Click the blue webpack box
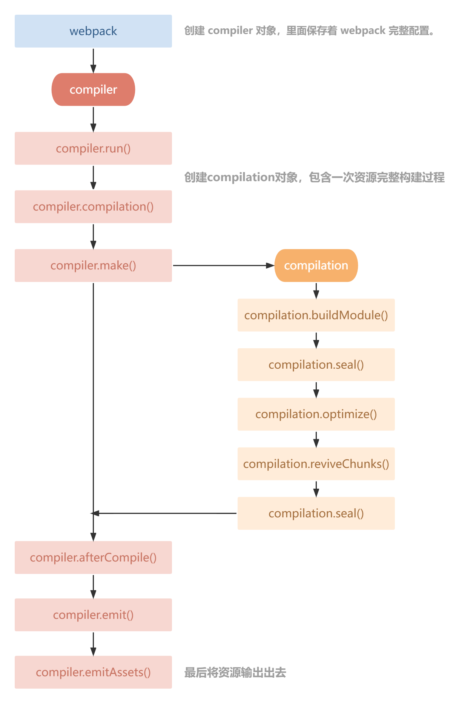[93, 31]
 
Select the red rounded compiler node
[93, 90]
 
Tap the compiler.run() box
[93, 148]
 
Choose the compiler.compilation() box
[93, 207]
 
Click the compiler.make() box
[93, 266]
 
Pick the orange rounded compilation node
[316, 266]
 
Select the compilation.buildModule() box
[316, 315]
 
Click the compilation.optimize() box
[316, 414]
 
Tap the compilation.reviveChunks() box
[316, 464]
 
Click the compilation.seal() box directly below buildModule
[316, 365]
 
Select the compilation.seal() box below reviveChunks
[316, 514]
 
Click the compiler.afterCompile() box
[93, 558]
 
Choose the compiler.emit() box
[93, 615]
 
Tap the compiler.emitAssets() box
[93, 672]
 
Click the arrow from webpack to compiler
[93, 60]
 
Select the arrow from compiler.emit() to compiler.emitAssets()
[93, 644]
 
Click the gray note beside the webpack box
[309, 31]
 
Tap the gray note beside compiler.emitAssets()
[235, 672]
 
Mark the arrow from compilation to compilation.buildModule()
[316, 291]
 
